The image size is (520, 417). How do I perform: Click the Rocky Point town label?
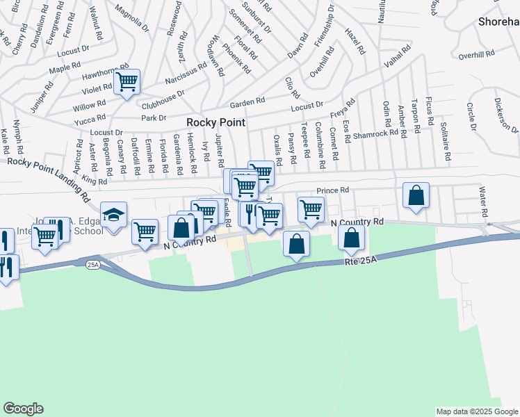[213, 121]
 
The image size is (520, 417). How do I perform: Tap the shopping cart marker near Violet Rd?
[127, 82]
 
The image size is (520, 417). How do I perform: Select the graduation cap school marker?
[113, 215]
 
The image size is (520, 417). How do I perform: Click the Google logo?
[23, 409]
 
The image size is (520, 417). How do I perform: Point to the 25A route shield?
[93, 265]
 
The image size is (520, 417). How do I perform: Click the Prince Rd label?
[332, 190]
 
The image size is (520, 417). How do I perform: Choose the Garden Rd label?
[248, 101]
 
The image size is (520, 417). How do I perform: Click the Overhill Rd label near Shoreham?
[476, 53]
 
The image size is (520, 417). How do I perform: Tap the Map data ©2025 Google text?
[476, 411]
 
